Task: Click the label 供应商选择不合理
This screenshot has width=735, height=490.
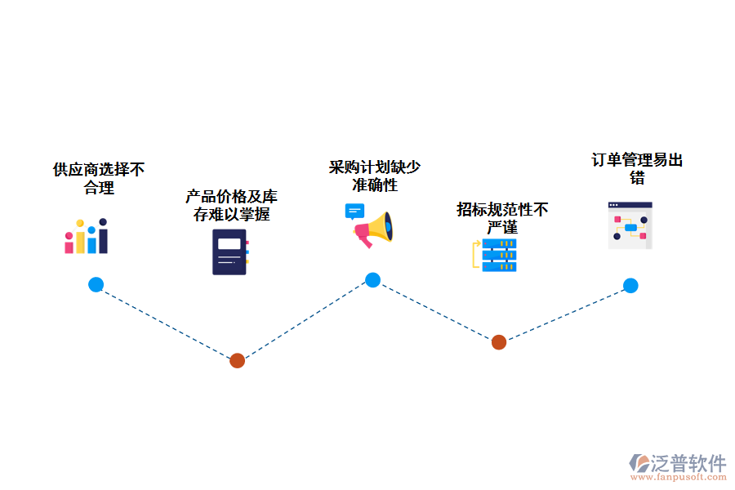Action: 99,179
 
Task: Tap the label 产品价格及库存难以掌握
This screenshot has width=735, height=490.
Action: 231,206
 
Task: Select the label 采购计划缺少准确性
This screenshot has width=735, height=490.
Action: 375,176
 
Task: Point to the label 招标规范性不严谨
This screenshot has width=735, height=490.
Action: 502,218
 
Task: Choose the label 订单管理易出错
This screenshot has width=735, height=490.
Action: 637,168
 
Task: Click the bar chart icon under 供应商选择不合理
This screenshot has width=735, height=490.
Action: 87,236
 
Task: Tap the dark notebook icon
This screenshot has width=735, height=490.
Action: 230,252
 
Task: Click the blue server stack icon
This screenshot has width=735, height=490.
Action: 498,255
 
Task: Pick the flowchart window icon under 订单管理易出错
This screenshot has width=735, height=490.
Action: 630,225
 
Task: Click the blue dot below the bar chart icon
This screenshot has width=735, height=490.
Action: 96,285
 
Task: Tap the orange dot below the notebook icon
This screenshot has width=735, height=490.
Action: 237,360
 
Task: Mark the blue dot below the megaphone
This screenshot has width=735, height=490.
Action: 372,280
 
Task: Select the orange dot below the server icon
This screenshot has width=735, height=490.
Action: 499,342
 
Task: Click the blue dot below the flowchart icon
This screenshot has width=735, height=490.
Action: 630,286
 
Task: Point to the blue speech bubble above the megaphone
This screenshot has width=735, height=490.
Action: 354,212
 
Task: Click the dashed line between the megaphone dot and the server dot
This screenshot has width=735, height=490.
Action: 435,311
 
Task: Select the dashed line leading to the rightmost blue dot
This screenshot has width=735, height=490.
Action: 565,314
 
